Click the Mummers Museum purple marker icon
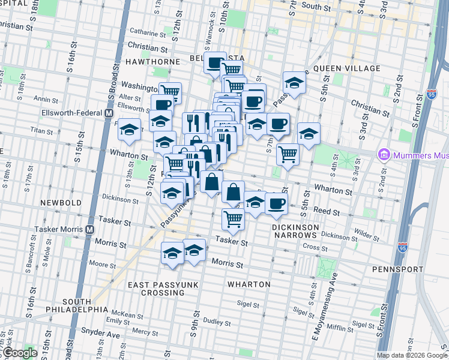click(383, 155)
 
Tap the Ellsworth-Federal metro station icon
click(109, 113)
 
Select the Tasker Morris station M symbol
click(89, 230)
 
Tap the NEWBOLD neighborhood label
click(61, 203)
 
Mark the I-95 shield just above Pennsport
click(403, 247)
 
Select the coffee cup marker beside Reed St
click(276, 203)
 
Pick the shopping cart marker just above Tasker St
click(233, 218)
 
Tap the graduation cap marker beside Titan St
click(129, 129)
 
